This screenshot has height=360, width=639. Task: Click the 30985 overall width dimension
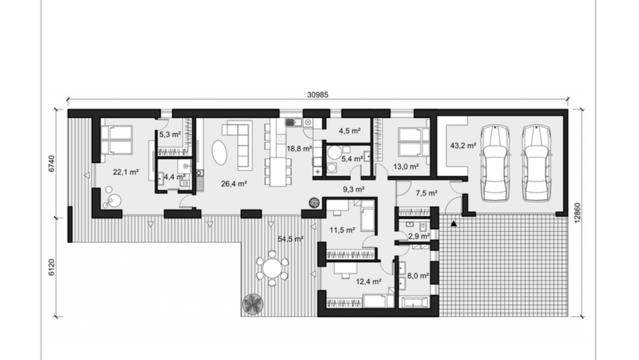click(317, 95)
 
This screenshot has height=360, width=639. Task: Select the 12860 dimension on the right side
click(577, 213)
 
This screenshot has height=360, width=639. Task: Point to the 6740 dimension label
click(51, 164)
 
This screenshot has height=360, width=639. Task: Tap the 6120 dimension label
click(51, 267)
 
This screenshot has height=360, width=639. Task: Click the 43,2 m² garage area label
click(463, 145)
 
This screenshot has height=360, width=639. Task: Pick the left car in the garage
click(495, 164)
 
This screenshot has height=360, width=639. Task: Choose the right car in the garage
click(537, 164)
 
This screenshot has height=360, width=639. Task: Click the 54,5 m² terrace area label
click(291, 239)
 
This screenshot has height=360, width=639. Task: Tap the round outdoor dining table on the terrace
click(272, 268)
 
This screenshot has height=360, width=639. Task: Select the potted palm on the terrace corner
click(253, 304)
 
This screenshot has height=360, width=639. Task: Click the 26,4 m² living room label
click(234, 184)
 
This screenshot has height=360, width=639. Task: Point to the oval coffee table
click(220, 152)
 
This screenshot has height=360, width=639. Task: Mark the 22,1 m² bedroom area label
click(126, 172)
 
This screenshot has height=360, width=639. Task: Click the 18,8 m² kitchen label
click(299, 148)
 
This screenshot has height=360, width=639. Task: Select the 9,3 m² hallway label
click(353, 189)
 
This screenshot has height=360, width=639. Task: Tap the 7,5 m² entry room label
click(426, 193)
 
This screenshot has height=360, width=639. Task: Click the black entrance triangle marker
click(454, 224)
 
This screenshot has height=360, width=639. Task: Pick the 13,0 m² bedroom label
click(406, 166)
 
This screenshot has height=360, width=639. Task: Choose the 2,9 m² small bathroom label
click(419, 236)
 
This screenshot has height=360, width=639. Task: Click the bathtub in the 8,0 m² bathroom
click(415, 303)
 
